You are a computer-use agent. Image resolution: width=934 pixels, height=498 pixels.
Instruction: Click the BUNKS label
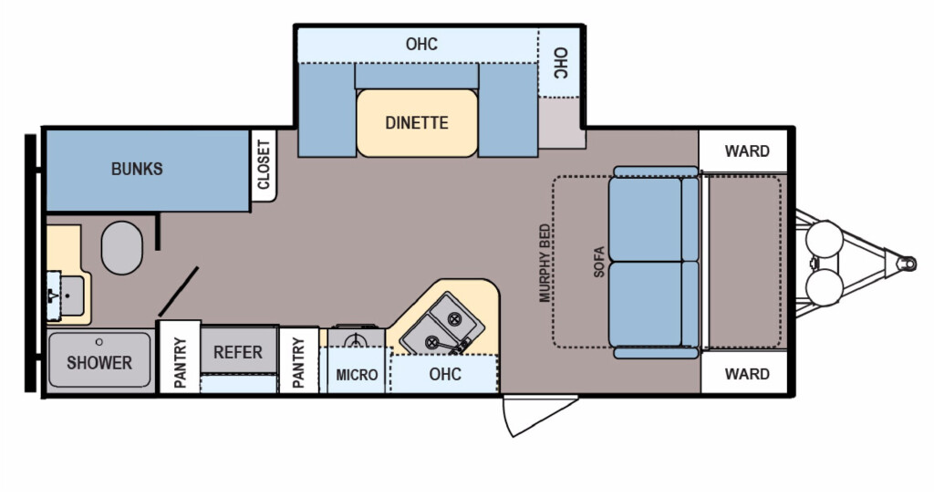137,169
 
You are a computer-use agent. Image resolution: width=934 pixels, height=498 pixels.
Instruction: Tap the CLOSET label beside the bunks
264,164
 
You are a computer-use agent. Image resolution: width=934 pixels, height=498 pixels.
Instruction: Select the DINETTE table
417,123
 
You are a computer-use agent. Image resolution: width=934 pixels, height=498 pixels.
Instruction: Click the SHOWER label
99,362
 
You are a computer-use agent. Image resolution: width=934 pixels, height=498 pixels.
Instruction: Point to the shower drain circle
99,342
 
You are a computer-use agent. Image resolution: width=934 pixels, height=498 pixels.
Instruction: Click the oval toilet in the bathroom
122,248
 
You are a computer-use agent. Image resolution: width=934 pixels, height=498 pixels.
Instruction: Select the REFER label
238,352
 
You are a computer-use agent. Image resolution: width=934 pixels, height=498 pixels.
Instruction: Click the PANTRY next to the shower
180,363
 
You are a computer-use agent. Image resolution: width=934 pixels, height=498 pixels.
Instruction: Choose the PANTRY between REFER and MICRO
298,363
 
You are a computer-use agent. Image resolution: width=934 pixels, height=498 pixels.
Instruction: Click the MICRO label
357,375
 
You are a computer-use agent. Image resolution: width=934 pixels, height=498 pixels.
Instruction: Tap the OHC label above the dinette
421,44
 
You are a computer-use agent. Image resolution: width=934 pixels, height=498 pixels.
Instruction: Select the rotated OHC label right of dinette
561,63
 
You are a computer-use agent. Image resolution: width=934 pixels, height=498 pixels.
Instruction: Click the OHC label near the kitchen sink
445,374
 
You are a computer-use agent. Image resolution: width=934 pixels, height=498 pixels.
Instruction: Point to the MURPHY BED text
545,263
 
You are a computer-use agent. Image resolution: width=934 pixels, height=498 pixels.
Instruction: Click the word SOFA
598,262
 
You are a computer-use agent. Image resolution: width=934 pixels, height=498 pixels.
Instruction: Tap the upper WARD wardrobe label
747,151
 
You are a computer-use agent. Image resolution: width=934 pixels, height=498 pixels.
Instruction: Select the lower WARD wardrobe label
747,374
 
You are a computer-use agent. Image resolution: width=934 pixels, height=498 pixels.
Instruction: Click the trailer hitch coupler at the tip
907,263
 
